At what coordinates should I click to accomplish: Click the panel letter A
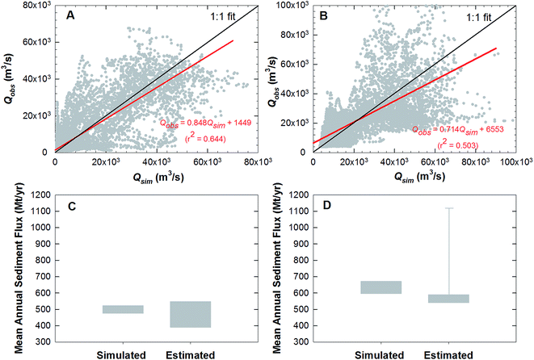pos(71,15)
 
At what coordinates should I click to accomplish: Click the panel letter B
pos(331,15)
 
